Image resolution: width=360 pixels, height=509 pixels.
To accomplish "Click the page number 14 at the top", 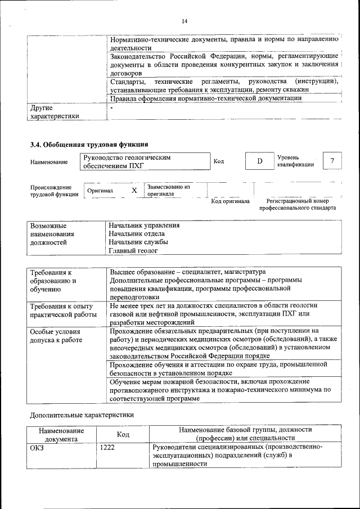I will (x=184, y=21).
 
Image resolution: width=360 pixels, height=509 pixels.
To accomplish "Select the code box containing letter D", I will (x=259, y=162).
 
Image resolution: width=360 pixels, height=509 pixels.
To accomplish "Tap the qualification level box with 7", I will (x=332, y=162).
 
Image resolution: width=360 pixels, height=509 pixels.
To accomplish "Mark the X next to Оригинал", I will (x=134, y=191).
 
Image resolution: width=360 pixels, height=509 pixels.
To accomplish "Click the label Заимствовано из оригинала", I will (x=168, y=190).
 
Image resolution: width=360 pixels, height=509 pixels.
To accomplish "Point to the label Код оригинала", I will (x=230, y=201).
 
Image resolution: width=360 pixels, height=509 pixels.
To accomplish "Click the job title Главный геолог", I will (x=134, y=251).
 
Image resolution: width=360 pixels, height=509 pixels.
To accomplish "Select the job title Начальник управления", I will (x=145, y=226).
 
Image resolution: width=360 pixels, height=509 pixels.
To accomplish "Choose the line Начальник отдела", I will (x=137, y=234).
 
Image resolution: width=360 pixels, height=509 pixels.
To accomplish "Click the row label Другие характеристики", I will (x=55, y=111).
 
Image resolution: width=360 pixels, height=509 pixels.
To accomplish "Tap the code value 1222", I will (x=107, y=448).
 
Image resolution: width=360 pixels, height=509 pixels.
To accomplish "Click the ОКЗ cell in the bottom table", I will (x=37, y=448).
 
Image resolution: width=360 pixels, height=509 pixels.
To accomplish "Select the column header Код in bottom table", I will (x=123, y=434).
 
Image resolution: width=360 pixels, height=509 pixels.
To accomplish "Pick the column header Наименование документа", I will (x=61, y=434).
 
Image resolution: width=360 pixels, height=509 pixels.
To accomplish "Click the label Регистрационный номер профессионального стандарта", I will (x=297, y=204).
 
